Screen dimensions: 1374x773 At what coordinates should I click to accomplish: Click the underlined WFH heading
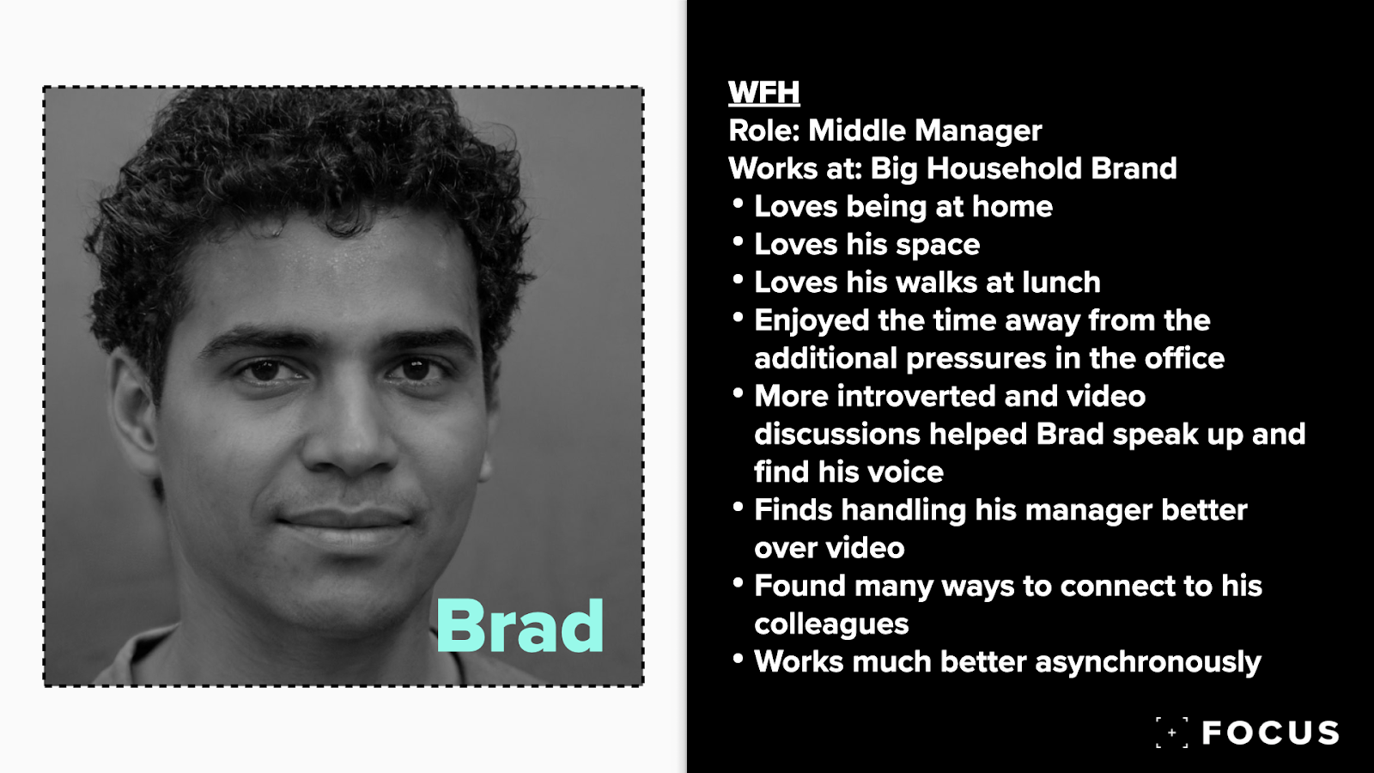(x=763, y=93)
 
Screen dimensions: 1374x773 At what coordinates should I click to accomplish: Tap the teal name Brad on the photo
(x=520, y=626)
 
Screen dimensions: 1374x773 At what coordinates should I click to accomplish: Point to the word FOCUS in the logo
(x=1270, y=733)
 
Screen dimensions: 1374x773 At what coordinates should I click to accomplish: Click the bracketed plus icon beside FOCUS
(x=1171, y=733)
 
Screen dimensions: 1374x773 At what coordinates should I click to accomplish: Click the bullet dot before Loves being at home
(x=738, y=203)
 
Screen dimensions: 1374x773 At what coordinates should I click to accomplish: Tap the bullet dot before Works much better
(x=738, y=658)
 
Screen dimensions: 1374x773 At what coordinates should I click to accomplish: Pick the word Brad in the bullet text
(x=1070, y=434)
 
